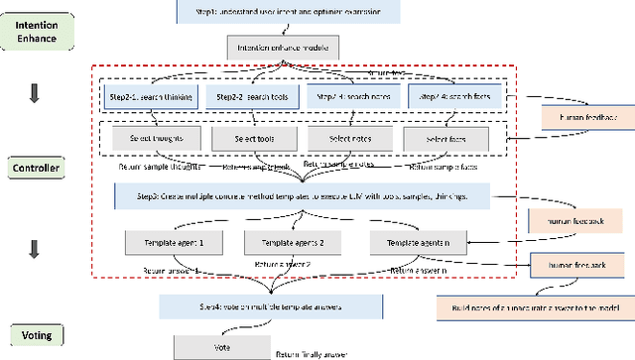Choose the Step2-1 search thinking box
pos(148,97)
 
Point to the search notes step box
pos(346,97)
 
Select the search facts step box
pos(447,97)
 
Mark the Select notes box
pos(346,140)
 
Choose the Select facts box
pos(447,140)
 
